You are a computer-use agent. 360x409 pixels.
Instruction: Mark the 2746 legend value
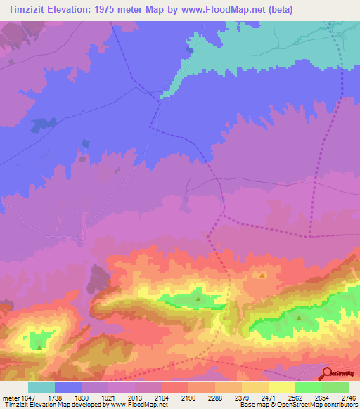point(349,398)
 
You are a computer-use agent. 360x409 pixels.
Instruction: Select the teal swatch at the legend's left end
point(41,387)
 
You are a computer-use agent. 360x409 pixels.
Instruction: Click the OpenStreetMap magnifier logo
point(328,374)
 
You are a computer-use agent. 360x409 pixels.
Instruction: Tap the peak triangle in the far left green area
point(39,346)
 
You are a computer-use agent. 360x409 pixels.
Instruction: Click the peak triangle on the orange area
point(262,275)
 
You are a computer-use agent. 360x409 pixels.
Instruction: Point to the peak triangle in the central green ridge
point(198,299)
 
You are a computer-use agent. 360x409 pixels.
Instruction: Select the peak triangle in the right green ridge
point(299,318)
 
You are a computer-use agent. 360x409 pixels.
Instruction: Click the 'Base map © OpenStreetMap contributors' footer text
point(298,405)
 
